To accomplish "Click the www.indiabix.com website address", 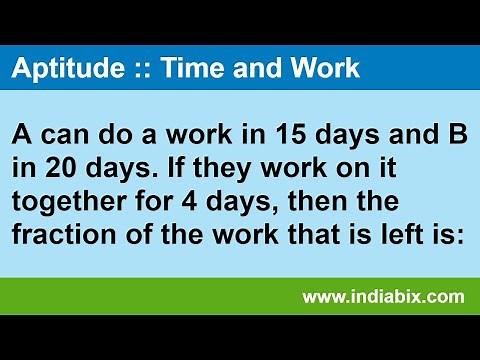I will pyautogui.click(x=383, y=296).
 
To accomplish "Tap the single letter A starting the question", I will pyautogui.click(x=23, y=135).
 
